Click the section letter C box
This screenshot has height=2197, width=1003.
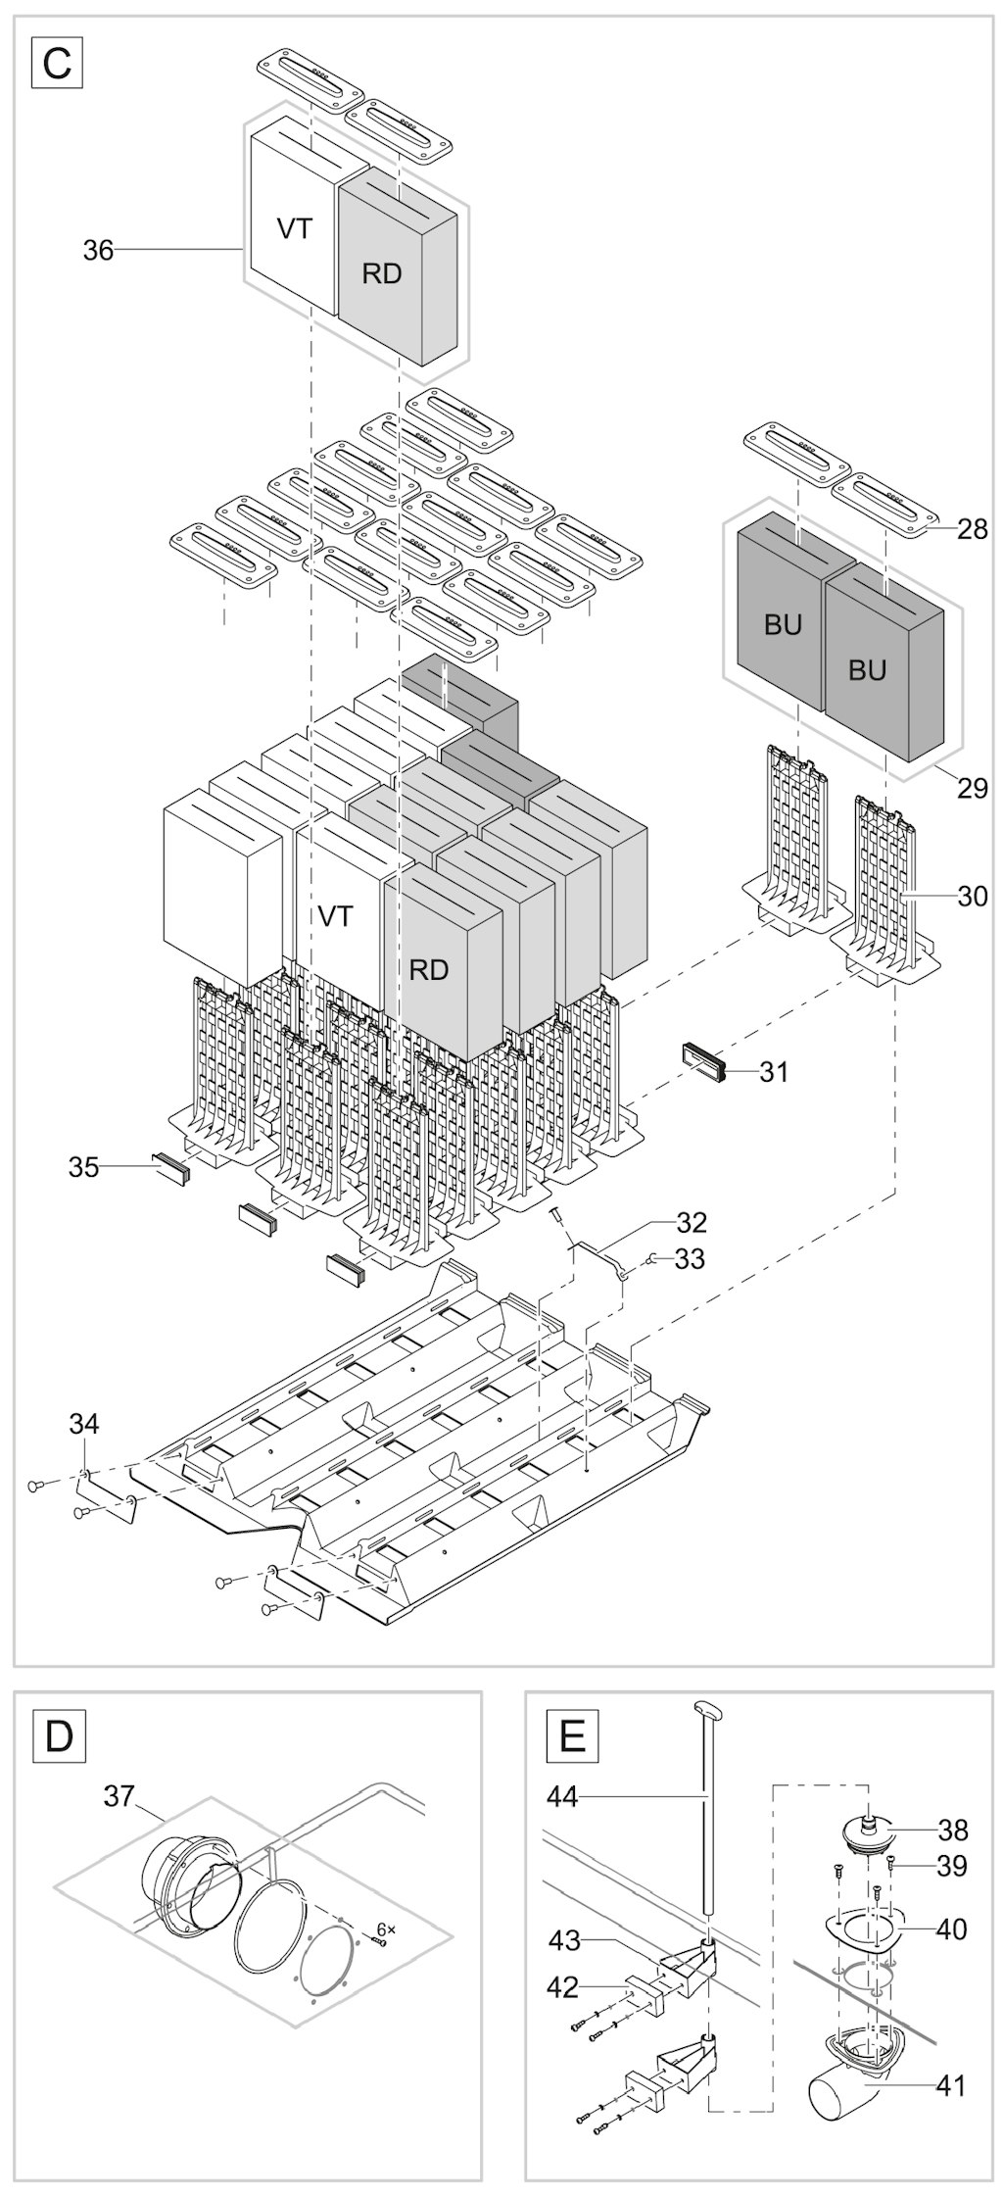pyautogui.click(x=58, y=63)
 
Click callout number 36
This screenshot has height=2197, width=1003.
pyautogui.click(x=98, y=251)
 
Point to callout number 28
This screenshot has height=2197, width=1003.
pyautogui.click(x=973, y=529)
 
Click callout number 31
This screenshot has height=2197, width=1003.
pyautogui.click(x=774, y=1071)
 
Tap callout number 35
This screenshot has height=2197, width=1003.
pyautogui.click(x=83, y=1167)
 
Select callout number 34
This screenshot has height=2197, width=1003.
pyautogui.click(x=83, y=1423)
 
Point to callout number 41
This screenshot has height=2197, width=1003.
pyautogui.click(x=950, y=2085)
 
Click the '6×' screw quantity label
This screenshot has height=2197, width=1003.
pyautogui.click(x=386, y=1929)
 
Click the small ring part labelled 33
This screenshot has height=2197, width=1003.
pyautogui.click(x=651, y=1259)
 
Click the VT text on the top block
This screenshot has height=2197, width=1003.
pyautogui.click(x=295, y=229)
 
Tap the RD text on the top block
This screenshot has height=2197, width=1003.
pyautogui.click(x=382, y=274)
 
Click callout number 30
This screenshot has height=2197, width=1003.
pyautogui.click(x=973, y=896)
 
